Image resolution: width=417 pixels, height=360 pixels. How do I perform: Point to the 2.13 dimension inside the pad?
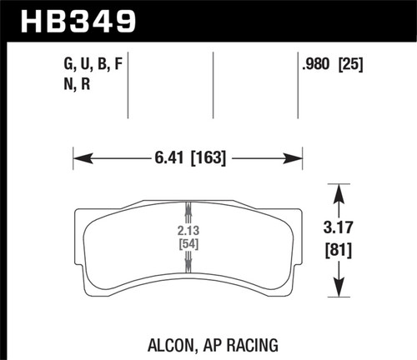click(188, 229)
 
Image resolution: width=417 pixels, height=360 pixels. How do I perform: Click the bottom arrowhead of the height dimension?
click(338, 292)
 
